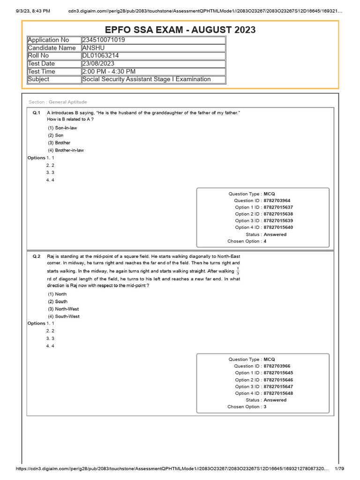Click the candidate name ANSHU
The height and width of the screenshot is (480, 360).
coord(94,48)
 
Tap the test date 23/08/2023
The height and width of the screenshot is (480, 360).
coord(98,64)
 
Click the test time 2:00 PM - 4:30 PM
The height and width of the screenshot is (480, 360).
coord(109,71)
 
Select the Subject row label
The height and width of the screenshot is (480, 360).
coord(39,79)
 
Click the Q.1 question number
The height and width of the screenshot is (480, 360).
coord(37,113)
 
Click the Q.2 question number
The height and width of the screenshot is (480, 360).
coord(37,256)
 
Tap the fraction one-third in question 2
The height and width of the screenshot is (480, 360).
coord(238,271)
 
